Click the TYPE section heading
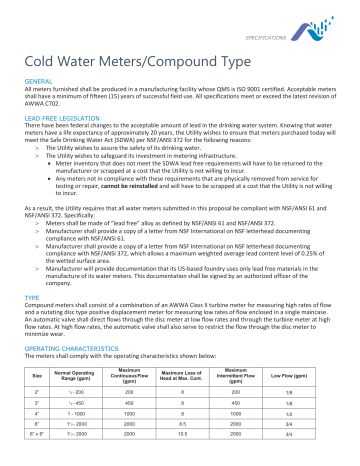click(31, 297)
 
